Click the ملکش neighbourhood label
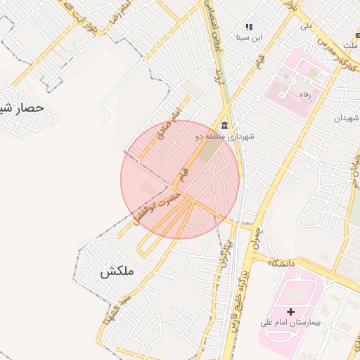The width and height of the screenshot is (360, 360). click(116, 271)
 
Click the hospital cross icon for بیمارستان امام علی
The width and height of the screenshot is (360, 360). click(291, 311)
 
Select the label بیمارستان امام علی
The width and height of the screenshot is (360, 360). click(290, 323)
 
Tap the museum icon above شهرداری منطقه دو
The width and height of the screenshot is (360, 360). click(224, 125)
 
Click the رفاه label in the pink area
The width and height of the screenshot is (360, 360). click(304, 94)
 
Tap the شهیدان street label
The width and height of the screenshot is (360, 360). click(346, 118)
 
